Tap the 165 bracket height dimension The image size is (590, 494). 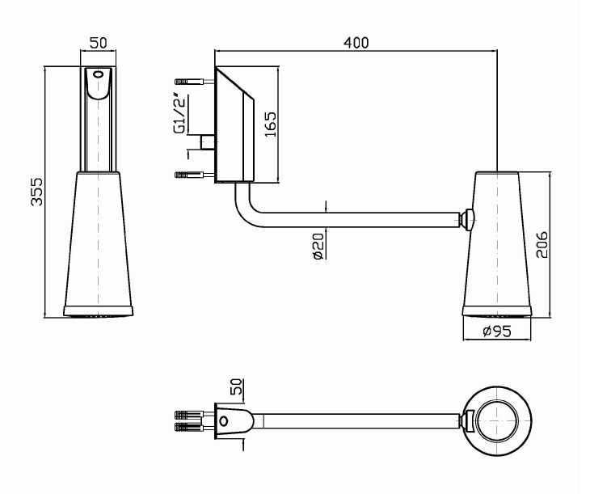pos(272,125)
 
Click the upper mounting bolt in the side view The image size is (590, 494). pos(192,81)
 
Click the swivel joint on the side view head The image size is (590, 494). pos(469,217)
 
